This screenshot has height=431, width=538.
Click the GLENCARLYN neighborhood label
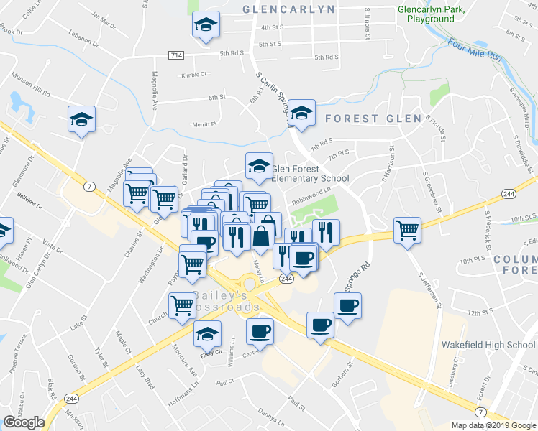coord(289,9)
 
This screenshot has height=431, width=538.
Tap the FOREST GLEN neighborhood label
coord(371,119)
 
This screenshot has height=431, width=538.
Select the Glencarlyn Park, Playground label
coord(432,14)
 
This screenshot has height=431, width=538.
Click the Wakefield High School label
coord(489,345)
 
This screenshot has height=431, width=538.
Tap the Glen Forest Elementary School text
coord(310,174)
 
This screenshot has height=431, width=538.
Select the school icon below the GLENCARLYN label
coord(206,26)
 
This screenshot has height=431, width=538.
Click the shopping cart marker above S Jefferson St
coord(407,230)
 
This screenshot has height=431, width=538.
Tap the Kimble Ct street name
coord(193,74)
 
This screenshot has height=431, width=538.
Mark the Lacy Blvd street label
coord(145,376)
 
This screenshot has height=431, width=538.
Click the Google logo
coord(24,422)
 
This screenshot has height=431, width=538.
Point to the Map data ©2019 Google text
coord(493,425)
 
